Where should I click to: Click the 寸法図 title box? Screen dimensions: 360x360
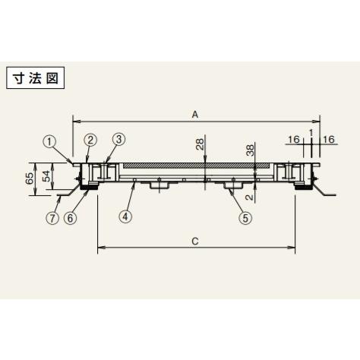(x=35, y=77)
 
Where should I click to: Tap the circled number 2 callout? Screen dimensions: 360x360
(x=90, y=140)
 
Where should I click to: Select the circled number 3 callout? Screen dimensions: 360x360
(x=118, y=139)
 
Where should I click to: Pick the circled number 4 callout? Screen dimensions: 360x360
(x=126, y=216)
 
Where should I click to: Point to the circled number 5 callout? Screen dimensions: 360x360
(x=245, y=217)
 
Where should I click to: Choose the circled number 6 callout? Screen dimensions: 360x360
(x=71, y=218)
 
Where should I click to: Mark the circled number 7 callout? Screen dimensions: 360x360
(x=52, y=218)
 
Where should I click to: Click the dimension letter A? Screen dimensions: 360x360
(x=195, y=115)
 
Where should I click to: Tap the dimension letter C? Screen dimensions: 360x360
(x=195, y=242)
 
